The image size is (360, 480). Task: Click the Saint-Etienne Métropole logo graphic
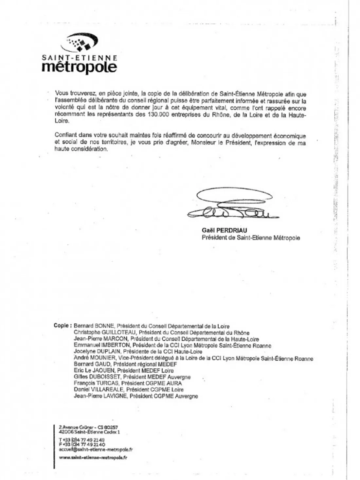[x=82, y=43]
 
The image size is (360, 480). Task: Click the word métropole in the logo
[x=80, y=67]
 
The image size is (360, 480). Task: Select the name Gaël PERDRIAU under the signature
[x=225, y=230]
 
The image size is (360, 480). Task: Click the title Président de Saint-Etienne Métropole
[x=251, y=238]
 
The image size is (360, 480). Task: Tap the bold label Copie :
[x=62, y=326]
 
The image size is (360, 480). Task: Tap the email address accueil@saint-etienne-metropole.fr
[x=96, y=450]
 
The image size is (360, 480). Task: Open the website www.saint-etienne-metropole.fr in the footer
[x=93, y=457]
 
